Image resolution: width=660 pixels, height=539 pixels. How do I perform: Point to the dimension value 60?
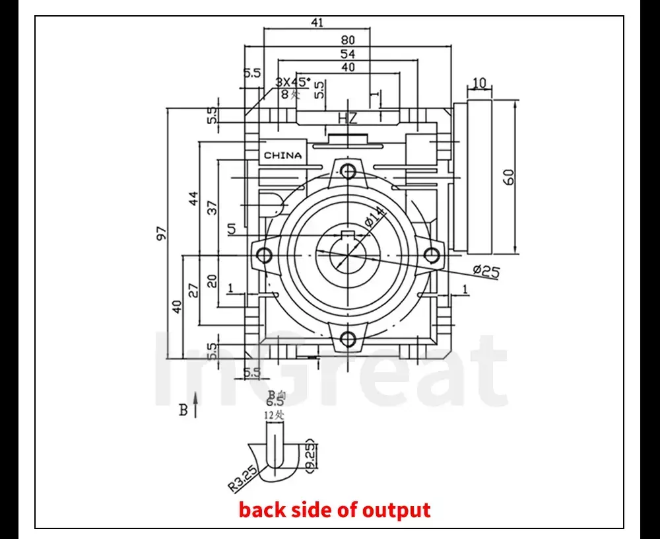[508, 176]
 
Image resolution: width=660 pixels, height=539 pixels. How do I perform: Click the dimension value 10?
[479, 83]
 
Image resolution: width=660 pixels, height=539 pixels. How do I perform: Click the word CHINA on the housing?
[282, 155]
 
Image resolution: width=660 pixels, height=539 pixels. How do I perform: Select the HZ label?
[347, 119]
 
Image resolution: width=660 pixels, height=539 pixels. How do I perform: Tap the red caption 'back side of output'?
[335, 510]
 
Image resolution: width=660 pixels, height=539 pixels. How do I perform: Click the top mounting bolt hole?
[348, 171]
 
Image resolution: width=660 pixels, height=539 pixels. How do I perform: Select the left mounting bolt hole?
[265, 254]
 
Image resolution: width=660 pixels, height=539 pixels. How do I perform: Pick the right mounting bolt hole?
[432, 254]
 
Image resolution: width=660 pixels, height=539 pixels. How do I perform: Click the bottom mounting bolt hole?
[348, 339]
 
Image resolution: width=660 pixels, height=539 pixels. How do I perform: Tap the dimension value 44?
[193, 198]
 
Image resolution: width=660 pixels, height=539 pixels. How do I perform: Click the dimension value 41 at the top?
[317, 22]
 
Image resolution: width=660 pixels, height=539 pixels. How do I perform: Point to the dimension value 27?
[193, 290]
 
